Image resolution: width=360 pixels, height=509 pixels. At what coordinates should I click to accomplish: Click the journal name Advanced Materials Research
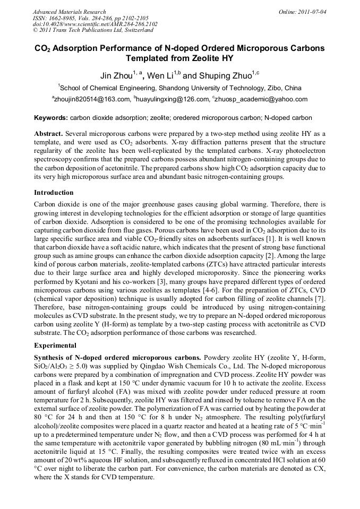point(69,12)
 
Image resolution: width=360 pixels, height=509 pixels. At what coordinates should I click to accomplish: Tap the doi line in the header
point(95,24)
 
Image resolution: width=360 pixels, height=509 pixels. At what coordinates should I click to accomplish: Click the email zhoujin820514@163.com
point(92,99)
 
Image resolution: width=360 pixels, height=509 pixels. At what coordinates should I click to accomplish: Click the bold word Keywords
point(51,118)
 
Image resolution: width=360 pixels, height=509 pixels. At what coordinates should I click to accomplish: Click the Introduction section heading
point(54,192)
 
